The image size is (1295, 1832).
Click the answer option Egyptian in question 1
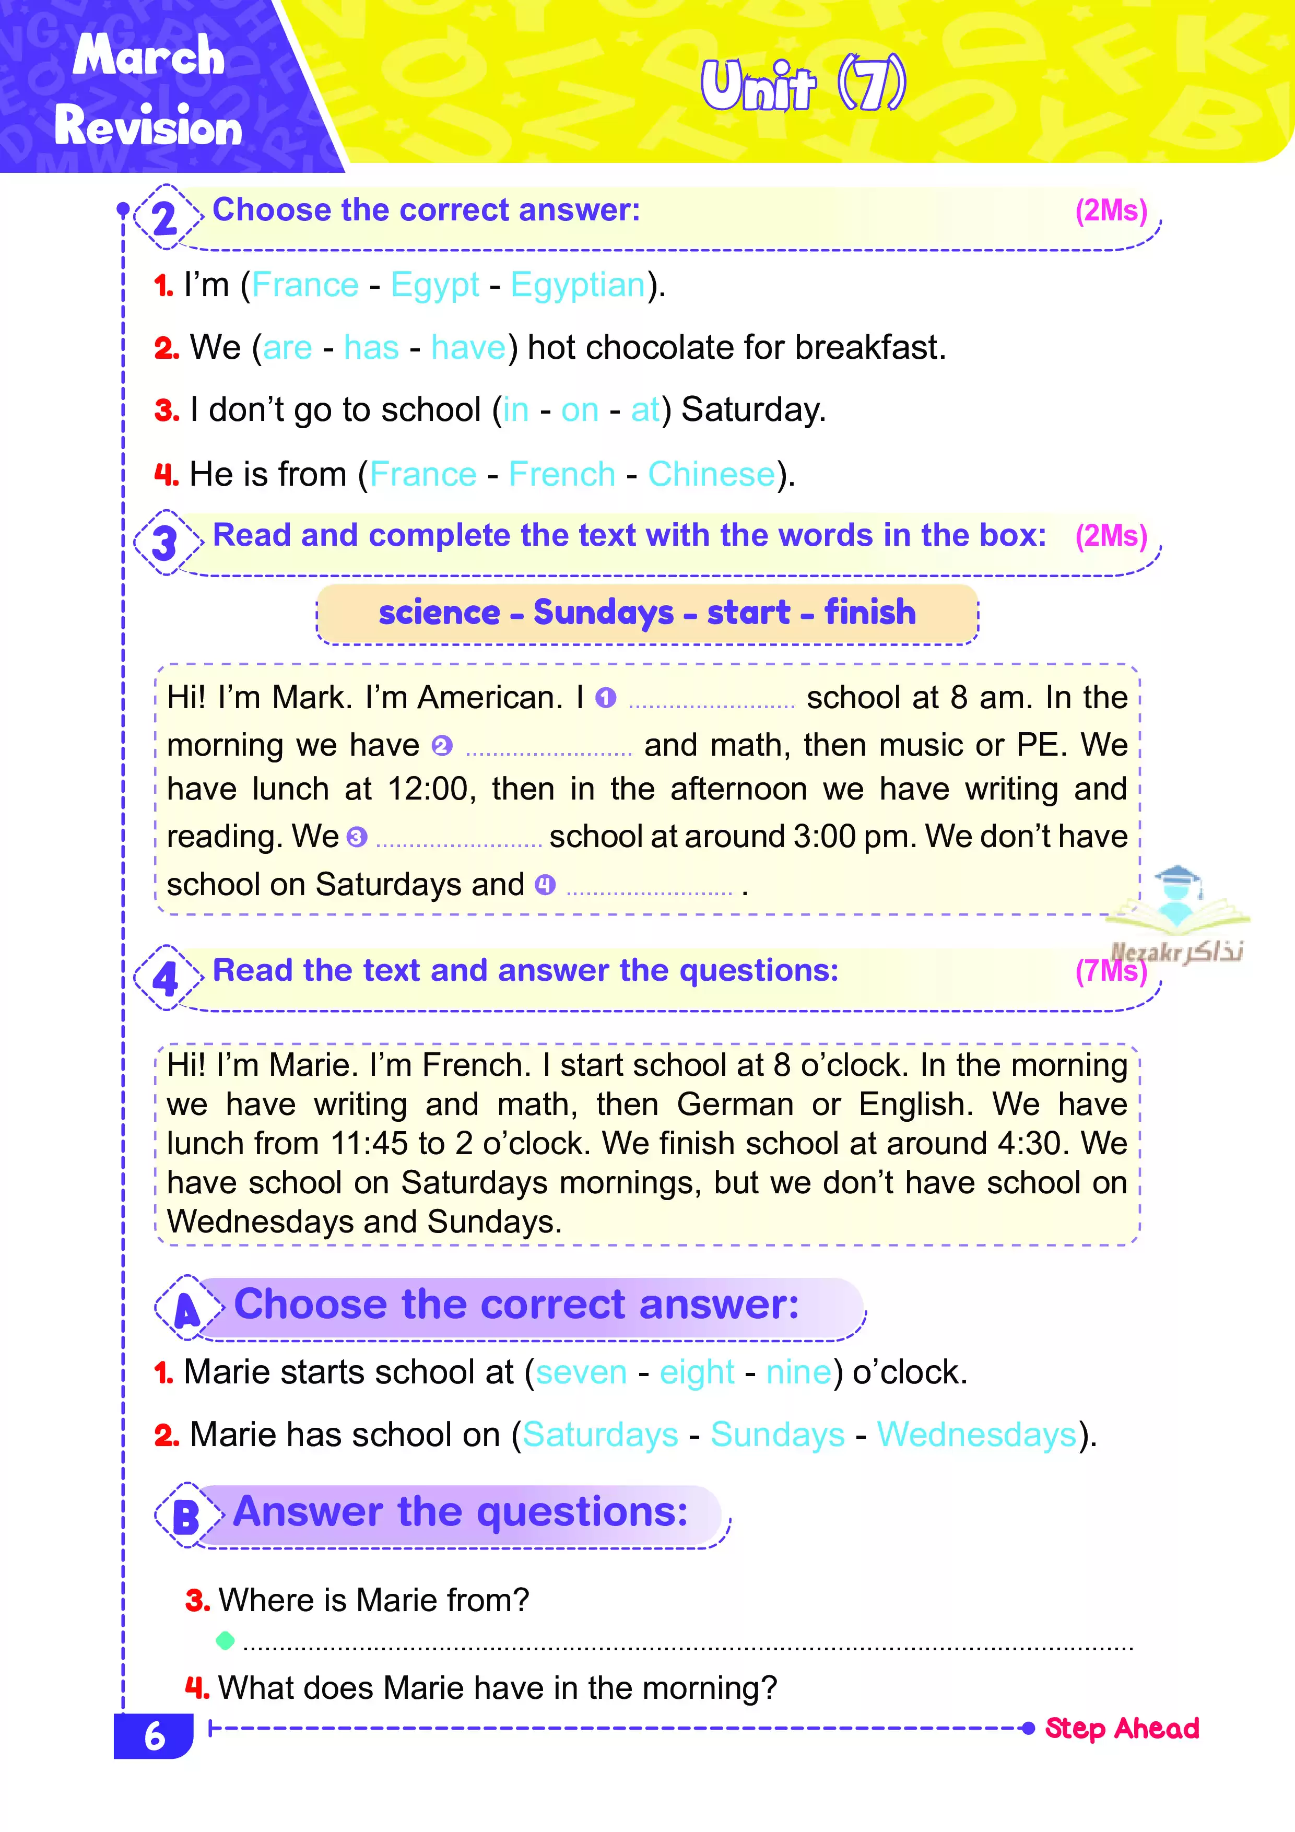click(578, 285)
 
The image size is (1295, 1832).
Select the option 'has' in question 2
click(371, 348)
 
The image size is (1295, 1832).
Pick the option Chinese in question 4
click(711, 475)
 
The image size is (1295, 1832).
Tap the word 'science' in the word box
click(439, 613)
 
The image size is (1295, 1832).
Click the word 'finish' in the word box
click(870, 613)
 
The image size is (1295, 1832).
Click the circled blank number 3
click(357, 837)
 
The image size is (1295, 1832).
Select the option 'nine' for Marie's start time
click(798, 1372)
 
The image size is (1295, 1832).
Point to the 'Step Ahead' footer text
click(1121, 1728)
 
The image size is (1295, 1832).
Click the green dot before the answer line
click(225, 1640)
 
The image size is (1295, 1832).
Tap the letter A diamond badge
click(187, 1309)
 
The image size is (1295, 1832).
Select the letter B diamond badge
click(186, 1517)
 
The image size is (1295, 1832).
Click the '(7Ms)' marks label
click(1111, 971)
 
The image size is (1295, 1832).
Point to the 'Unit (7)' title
click(803, 85)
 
